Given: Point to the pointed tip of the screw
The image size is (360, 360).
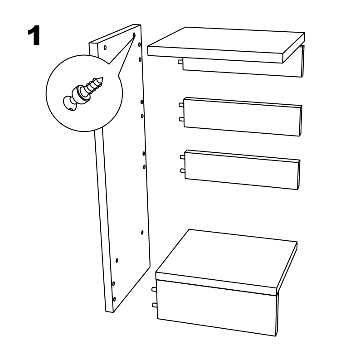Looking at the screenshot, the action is point(102,78).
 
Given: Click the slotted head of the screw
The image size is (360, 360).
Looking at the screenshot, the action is point(69,103).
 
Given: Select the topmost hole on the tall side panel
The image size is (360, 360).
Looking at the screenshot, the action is point(134,34).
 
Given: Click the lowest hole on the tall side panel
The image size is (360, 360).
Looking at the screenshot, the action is point(114,299).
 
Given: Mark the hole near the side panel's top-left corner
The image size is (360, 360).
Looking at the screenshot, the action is point(105,48).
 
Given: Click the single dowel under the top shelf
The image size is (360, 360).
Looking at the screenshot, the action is point(180,62).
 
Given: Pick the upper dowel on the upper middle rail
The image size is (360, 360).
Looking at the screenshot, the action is point(181,105).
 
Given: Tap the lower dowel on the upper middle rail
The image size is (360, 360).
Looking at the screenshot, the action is point(181,119).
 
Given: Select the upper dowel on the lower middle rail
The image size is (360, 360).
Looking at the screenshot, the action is point(183,157).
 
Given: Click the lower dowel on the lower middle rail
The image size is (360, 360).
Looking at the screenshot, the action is point(183,170).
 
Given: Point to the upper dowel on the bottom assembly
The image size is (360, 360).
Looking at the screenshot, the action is point(154,290).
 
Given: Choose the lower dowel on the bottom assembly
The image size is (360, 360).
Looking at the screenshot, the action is point(155,305).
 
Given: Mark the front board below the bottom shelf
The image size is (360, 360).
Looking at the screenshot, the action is point(217,308).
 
